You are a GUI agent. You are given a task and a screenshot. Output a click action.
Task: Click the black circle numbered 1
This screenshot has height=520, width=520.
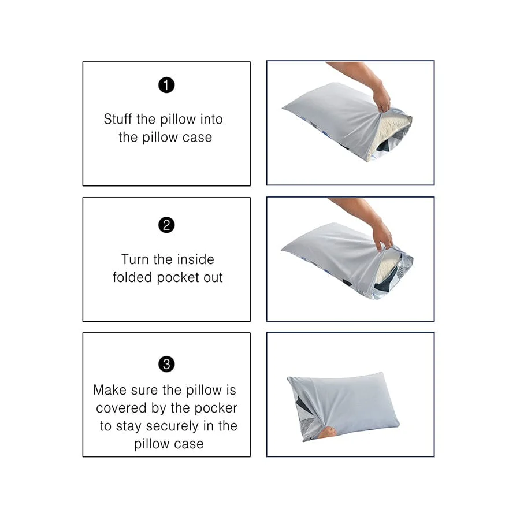pyautogui.click(x=166, y=86)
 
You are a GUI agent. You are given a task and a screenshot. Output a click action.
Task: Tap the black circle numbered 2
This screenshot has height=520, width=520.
pyautogui.click(x=166, y=225)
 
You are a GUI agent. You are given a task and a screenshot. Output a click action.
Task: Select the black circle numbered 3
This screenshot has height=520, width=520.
pyautogui.click(x=166, y=364)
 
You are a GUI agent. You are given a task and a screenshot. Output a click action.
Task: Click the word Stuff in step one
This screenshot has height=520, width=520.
pyautogui.click(x=118, y=120)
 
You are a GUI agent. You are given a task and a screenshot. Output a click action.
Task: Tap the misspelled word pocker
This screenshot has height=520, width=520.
pyautogui.click(x=216, y=408)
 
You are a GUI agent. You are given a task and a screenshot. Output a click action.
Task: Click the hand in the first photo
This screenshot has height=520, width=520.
pyautogui.click(x=381, y=98)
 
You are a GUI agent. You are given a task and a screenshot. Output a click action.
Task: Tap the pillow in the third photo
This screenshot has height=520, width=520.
pyautogui.click(x=347, y=404)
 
